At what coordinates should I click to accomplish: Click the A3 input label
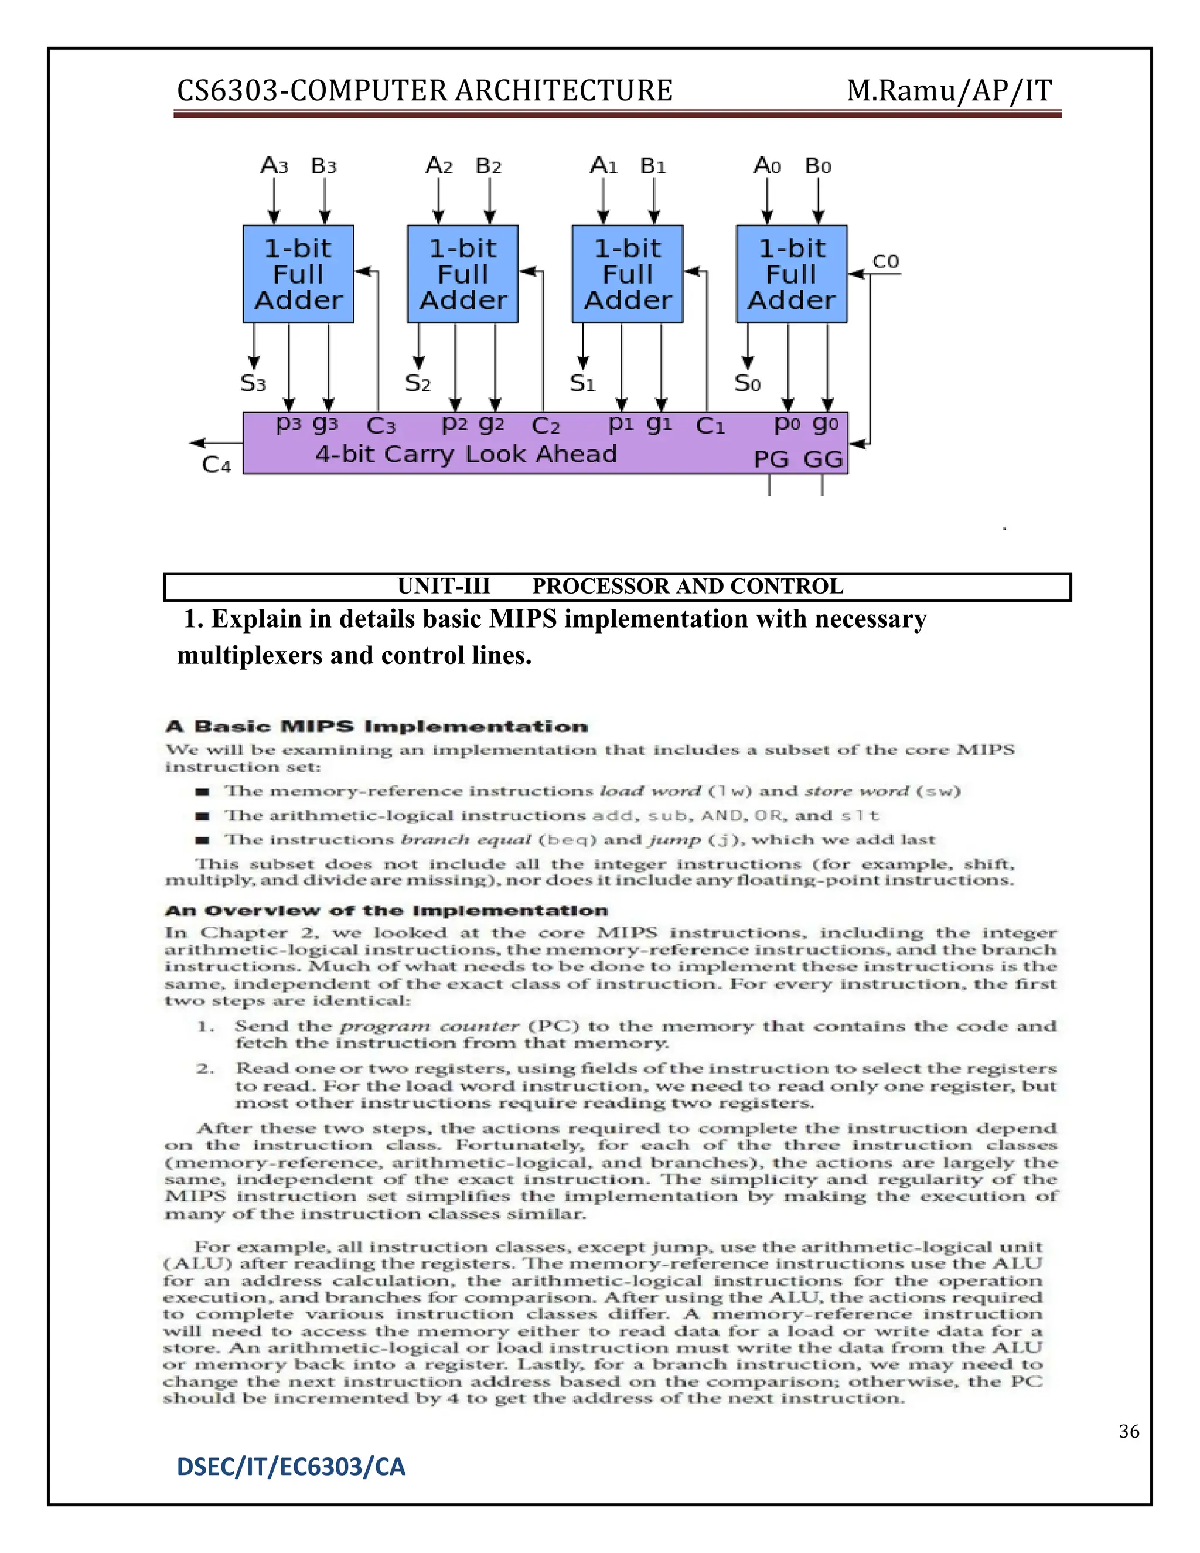pyautogui.click(x=274, y=166)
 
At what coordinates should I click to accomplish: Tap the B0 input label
pyautogui.click(x=817, y=166)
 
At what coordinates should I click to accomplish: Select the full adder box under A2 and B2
pyautogui.click(x=463, y=274)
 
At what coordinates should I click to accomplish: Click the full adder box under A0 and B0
pyautogui.click(x=792, y=274)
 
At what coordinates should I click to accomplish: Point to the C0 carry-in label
pyautogui.click(x=886, y=262)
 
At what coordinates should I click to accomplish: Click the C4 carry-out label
pyautogui.click(x=216, y=465)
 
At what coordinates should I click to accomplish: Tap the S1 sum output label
pyautogui.click(x=582, y=383)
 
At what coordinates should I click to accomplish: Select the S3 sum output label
pyautogui.click(x=253, y=383)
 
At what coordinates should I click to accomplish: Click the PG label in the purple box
pyautogui.click(x=771, y=459)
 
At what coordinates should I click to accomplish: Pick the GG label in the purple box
pyautogui.click(x=823, y=459)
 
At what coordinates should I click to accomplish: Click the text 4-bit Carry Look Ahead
pyautogui.click(x=466, y=454)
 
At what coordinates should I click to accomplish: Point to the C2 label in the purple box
pyautogui.click(x=546, y=426)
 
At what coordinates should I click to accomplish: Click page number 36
pyautogui.click(x=1129, y=1432)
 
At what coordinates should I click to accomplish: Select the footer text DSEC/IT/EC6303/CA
pyautogui.click(x=291, y=1467)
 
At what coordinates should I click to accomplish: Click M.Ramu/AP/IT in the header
pyautogui.click(x=949, y=91)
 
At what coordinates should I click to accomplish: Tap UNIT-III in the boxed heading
pyautogui.click(x=444, y=587)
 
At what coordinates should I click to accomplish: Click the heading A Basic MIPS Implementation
pyautogui.click(x=377, y=727)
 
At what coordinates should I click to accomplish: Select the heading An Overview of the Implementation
pyautogui.click(x=387, y=911)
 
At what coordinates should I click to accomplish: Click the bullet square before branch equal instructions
pyautogui.click(x=203, y=840)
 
